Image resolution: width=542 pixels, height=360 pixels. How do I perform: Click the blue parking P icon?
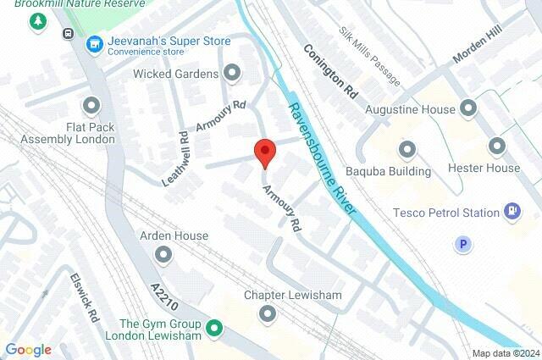click(x=462, y=245)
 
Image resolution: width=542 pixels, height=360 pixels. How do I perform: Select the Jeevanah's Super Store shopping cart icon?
click(x=95, y=42)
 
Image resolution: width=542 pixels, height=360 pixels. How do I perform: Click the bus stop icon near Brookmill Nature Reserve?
click(x=67, y=34)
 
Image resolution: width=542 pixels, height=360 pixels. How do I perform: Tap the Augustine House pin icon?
click(x=468, y=108)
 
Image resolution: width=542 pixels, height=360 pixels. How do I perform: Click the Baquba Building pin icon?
click(x=407, y=151)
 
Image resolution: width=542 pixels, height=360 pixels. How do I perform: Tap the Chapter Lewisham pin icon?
click(x=268, y=315)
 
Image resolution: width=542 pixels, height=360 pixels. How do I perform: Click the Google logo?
click(x=28, y=350)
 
